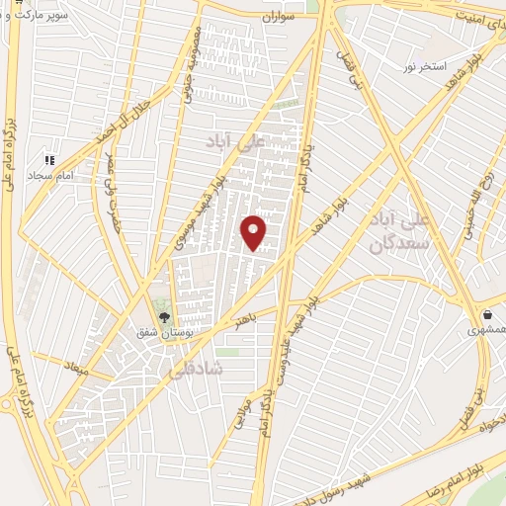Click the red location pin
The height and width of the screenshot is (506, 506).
254,232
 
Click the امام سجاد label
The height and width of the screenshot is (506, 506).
52,175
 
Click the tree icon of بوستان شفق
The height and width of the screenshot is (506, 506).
163,318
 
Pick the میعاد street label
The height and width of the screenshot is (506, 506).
76,367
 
